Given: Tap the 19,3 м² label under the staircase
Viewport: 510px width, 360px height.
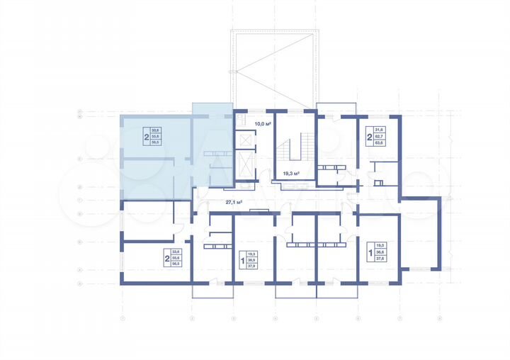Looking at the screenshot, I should point(291,173).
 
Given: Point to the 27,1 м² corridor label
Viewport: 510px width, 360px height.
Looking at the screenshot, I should point(234,202).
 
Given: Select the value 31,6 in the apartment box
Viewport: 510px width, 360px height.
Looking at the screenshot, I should point(379,130).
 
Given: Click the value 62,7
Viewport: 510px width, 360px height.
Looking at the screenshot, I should point(379,136).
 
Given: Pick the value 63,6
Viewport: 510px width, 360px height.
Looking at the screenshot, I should point(379,142).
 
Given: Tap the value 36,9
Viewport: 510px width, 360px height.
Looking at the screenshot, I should point(252,260).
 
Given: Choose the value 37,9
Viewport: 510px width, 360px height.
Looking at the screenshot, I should point(252,266).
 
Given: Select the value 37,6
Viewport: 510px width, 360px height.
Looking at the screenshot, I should point(379,259).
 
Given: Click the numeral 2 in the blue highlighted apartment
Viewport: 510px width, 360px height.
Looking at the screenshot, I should point(147,137).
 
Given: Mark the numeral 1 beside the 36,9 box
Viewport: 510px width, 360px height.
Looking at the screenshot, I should point(242,260).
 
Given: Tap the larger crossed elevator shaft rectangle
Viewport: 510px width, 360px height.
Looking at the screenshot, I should point(245,167).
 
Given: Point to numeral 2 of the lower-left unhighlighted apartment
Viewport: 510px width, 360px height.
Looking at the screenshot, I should point(167,258).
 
